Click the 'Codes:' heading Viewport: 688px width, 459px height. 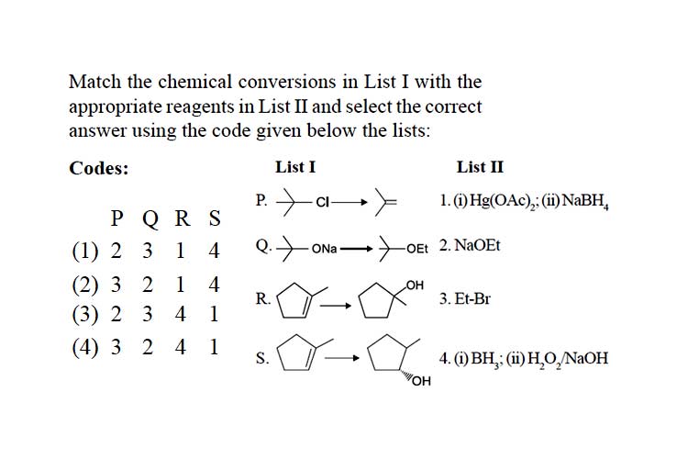click(99, 168)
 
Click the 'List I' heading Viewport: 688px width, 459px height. click(295, 167)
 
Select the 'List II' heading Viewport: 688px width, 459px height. click(480, 167)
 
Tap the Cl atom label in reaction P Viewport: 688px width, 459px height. click(323, 202)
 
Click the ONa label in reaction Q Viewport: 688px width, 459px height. click(324, 249)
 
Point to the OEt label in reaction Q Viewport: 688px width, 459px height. click(416, 249)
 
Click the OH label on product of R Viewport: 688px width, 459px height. click(415, 285)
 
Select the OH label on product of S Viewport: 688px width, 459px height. click(422, 381)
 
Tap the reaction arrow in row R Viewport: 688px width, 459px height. click(336, 306)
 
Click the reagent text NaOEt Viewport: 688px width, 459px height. click(477, 245)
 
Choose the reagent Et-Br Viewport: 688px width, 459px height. click(472, 298)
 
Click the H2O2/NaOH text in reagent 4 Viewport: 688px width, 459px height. click(568, 359)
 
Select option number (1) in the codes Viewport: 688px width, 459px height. click(85, 251)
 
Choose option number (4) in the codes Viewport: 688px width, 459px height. click(85, 347)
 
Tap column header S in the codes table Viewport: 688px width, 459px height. click(215, 218)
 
